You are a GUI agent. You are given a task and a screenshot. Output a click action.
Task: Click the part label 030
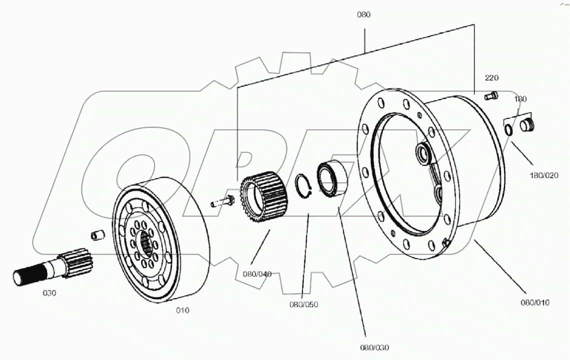coord(49,293)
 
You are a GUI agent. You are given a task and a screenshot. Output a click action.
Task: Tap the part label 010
coord(183,310)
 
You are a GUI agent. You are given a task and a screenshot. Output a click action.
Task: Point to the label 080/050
coord(303,304)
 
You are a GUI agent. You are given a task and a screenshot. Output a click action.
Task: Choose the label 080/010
coord(535,302)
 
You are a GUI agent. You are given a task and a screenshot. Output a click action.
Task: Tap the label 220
coord(491,78)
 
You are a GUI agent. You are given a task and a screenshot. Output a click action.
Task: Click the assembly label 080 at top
coord(363,14)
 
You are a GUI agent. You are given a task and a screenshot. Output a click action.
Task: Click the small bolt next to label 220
coord(490,95)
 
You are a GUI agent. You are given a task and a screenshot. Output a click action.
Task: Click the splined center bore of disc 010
coord(146,245)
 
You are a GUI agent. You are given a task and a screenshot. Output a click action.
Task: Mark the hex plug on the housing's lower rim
coord(447,243)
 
